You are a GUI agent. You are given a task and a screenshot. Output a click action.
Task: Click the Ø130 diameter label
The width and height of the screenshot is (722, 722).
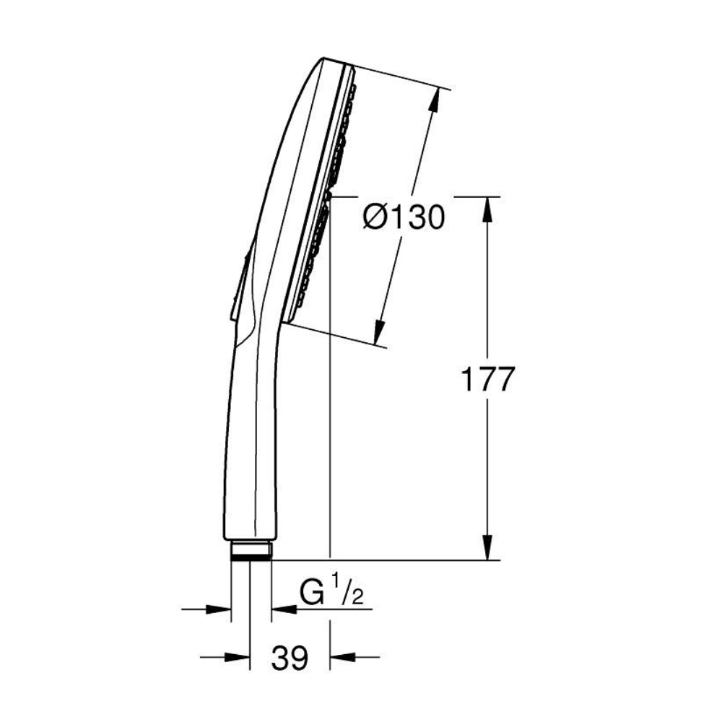[404, 217]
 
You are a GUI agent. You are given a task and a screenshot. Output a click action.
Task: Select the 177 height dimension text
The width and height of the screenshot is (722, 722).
[487, 380]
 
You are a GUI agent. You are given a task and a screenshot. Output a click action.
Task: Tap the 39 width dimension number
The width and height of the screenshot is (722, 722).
[290, 658]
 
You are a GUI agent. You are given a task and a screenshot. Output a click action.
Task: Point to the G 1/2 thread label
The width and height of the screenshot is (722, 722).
[331, 592]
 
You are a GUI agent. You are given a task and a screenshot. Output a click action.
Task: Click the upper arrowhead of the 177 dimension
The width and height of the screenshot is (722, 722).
[488, 209]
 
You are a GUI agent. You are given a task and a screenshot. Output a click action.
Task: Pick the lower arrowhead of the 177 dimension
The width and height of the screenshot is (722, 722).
[488, 548]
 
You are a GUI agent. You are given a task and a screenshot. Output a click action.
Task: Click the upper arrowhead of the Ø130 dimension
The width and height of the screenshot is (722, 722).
[434, 100]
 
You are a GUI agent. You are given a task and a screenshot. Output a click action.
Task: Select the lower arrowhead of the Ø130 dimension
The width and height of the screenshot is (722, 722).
[379, 332]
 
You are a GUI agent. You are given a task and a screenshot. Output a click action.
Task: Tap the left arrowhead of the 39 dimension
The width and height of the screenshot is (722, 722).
[237, 657]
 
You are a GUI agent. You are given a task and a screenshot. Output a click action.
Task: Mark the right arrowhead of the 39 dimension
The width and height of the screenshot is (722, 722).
[343, 657]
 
